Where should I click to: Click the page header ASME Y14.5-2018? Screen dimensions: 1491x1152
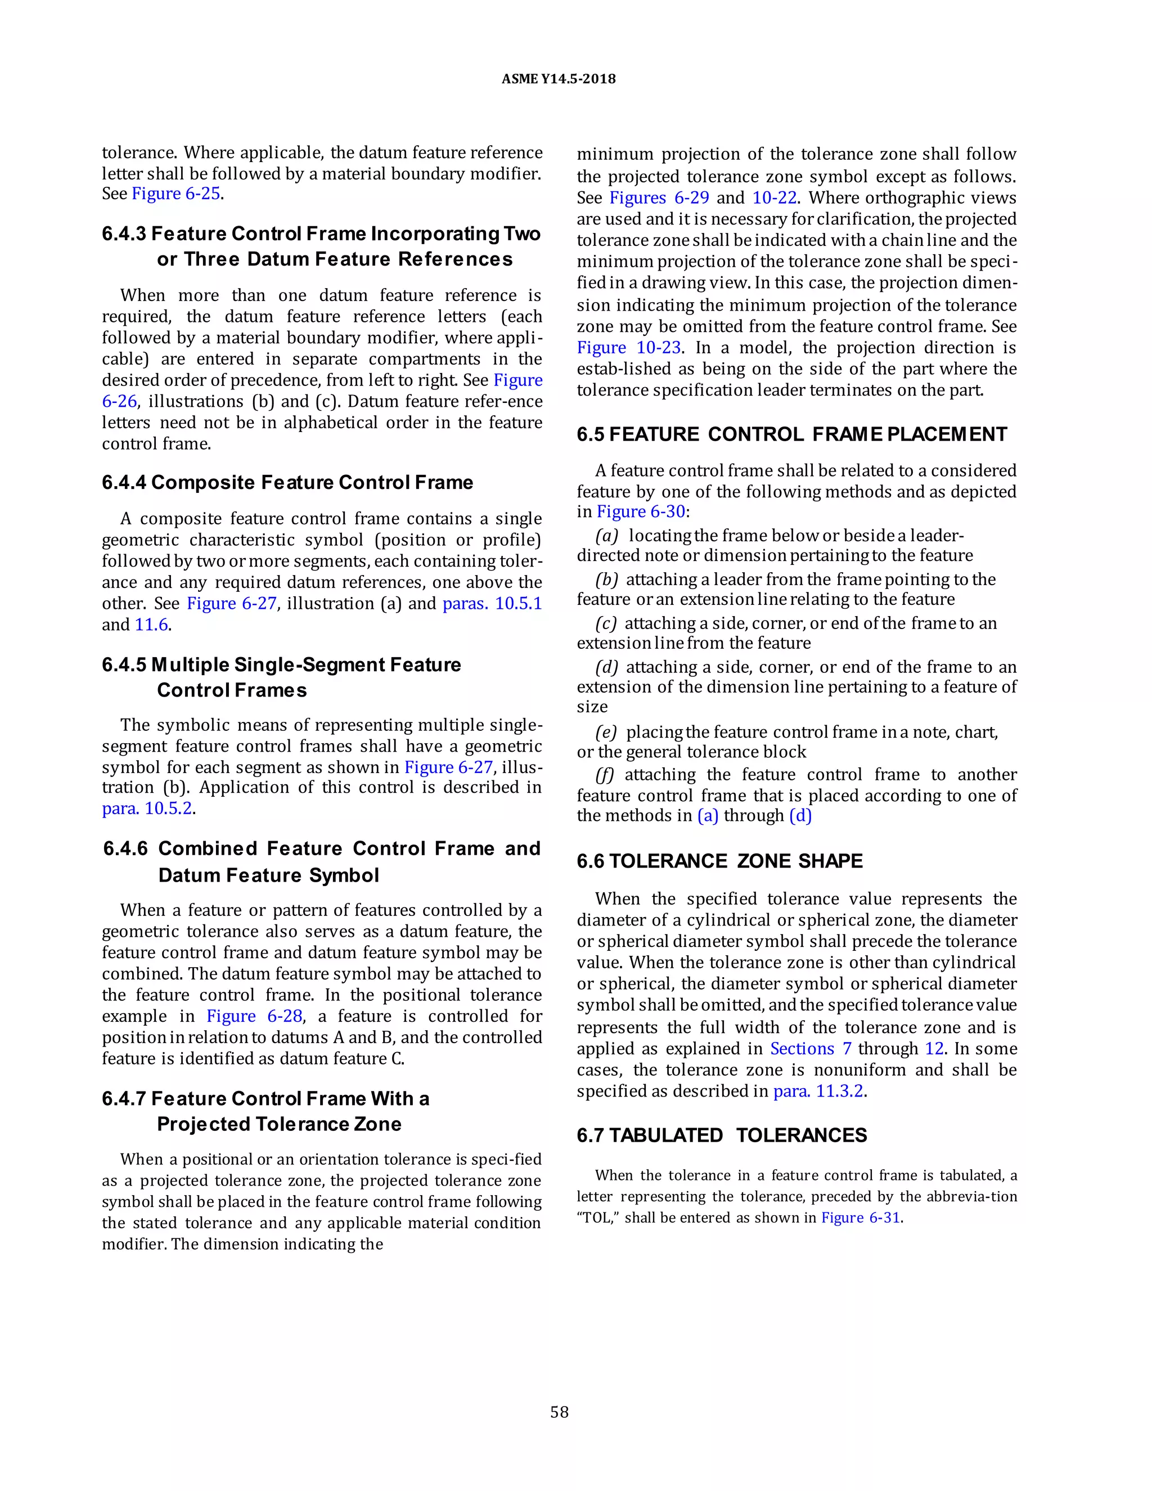558,79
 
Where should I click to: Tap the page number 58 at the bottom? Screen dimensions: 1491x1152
559,1412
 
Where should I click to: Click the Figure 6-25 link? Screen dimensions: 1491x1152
175,194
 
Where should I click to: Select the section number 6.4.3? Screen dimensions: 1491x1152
124,234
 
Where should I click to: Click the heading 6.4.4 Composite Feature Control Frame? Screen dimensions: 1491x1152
287,483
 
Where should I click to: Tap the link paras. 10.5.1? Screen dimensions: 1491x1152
492,604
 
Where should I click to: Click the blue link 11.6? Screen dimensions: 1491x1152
151,625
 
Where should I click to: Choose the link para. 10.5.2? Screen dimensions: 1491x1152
147,809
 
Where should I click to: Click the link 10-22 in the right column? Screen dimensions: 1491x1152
774,198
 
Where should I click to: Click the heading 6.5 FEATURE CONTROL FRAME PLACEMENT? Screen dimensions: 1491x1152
791,435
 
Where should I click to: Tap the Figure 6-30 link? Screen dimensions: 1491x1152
641,512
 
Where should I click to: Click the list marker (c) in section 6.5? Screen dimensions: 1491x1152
605,623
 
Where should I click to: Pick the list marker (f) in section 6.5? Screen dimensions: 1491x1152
605,775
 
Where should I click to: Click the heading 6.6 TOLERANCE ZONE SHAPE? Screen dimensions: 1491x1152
719,861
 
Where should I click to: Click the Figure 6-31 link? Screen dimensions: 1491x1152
861,1218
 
